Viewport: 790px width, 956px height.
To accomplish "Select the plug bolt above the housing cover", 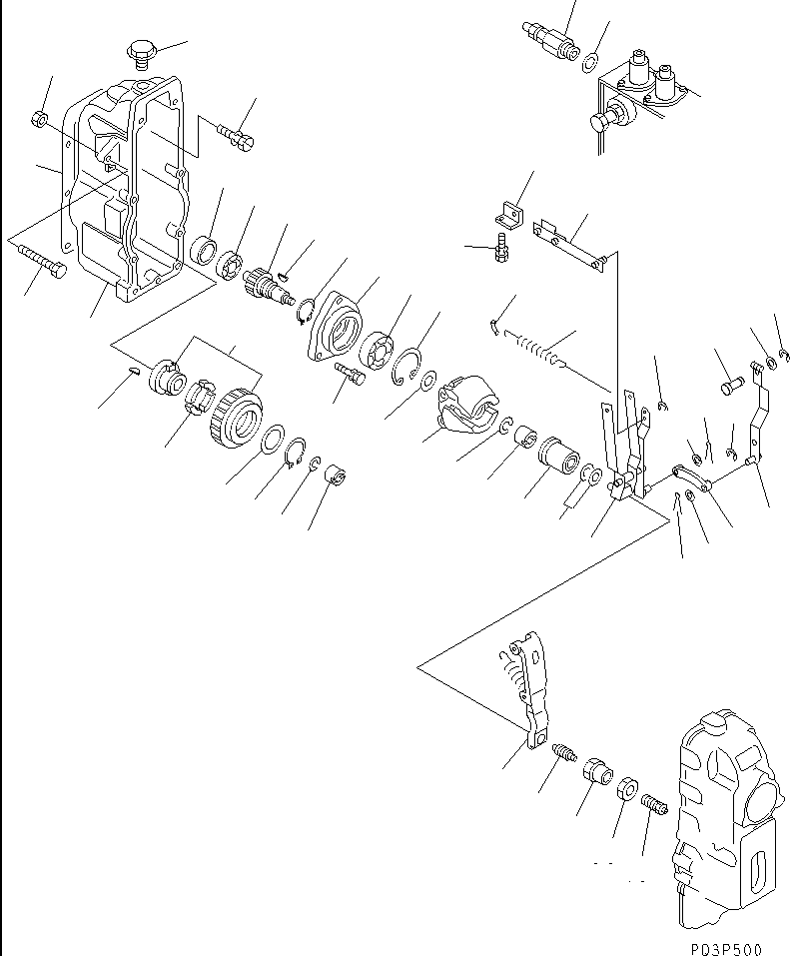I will click(x=140, y=50).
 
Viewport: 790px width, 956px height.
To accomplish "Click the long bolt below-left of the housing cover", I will click(x=39, y=261).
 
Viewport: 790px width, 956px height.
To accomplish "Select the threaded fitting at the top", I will click(x=547, y=40).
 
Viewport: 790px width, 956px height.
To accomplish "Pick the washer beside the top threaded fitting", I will click(x=591, y=64).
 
